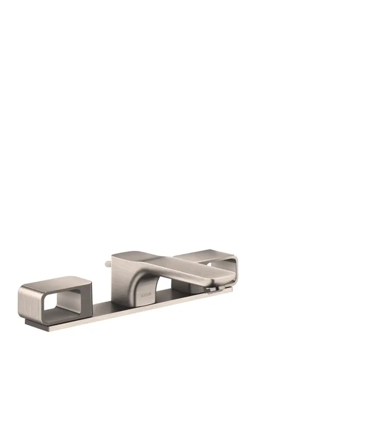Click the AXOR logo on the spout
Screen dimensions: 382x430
146,295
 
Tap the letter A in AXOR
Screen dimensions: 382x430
142,296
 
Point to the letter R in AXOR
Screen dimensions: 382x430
150,295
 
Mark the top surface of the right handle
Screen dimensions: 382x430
204,254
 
